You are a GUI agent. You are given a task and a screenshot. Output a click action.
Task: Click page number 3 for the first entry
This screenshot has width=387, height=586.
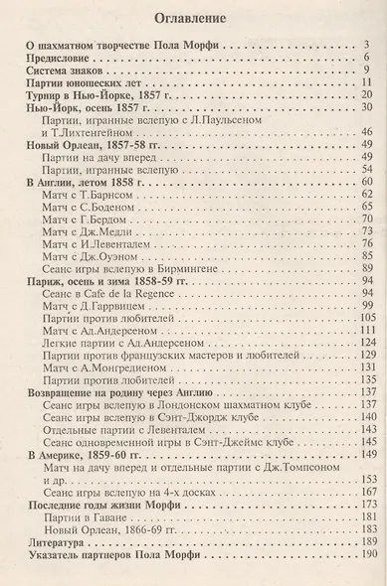click(367, 45)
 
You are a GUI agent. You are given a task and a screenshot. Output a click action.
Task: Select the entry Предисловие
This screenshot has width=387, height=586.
click(63, 59)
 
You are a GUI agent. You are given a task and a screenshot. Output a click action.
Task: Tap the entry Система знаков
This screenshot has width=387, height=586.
click(69, 73)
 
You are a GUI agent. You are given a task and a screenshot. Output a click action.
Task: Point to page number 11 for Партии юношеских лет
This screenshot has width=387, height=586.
click(365, 86)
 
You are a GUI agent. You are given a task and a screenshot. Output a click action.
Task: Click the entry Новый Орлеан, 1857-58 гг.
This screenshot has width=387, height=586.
click(91, 144)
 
